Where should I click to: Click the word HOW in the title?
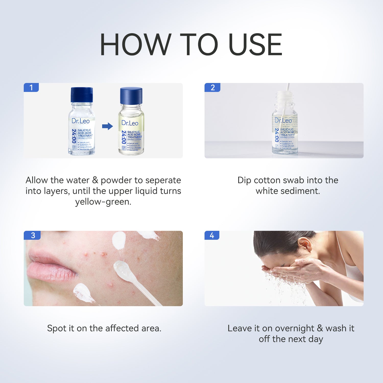135,45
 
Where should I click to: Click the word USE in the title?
255,45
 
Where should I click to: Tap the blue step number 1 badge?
31,88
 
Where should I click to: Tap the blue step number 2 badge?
212,88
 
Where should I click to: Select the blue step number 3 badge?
32,235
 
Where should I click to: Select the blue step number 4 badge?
212,235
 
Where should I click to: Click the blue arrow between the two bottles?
107,126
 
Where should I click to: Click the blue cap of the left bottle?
82,95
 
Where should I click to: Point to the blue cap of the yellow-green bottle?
131,96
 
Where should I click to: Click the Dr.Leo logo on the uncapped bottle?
283,120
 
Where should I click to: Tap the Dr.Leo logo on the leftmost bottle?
81,121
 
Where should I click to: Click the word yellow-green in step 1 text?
103,202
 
